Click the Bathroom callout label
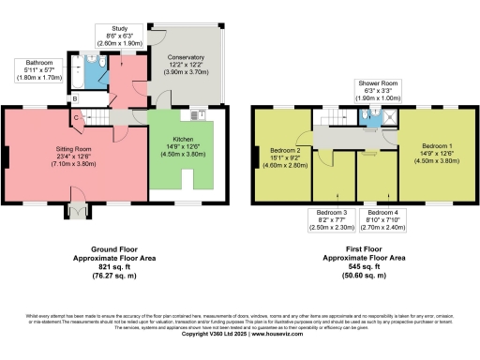click(38, 71)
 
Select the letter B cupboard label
click(75, 98)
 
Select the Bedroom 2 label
click(285, 156)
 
